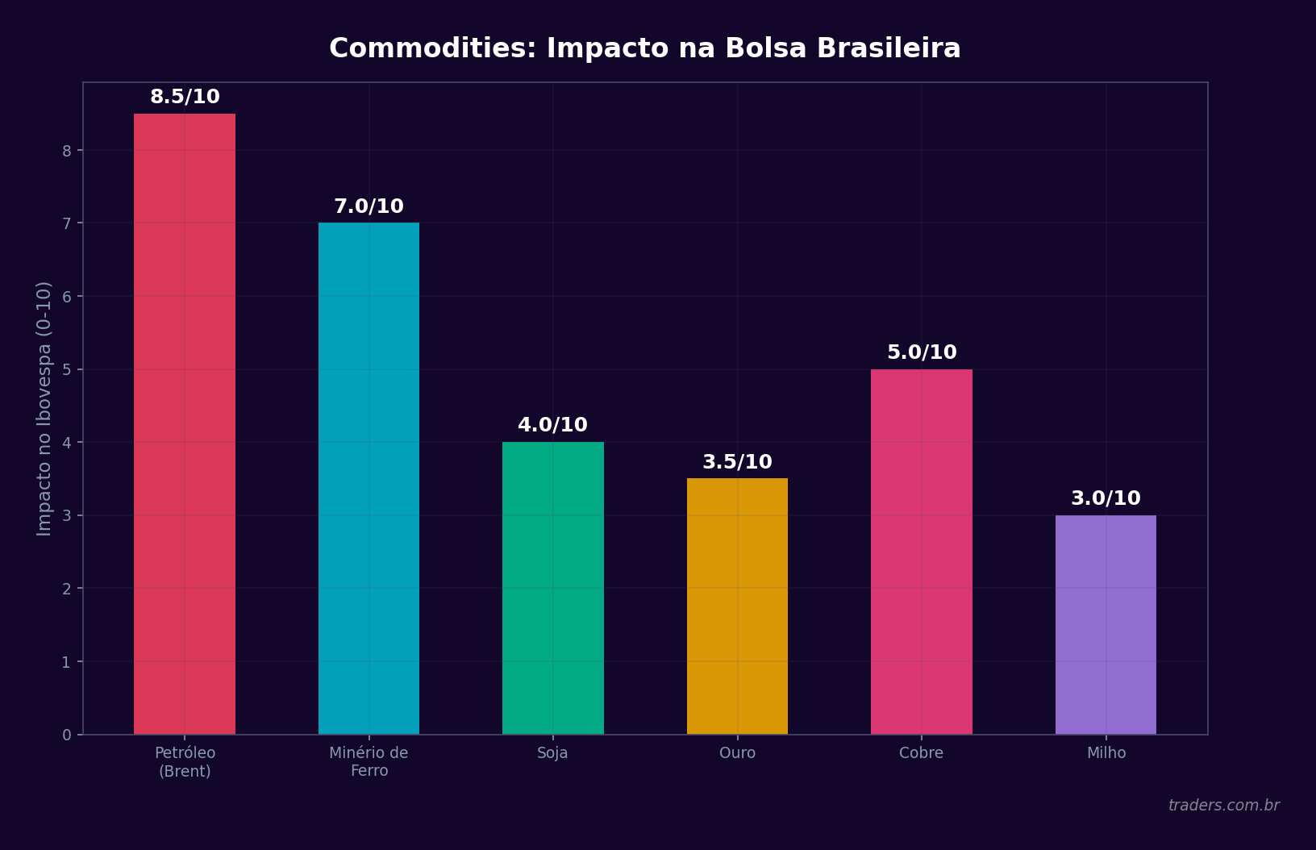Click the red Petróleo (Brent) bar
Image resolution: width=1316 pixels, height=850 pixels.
(185, 423)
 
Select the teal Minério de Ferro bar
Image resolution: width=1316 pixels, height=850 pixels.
(369, 478)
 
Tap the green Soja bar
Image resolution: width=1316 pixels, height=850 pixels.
(553, 588)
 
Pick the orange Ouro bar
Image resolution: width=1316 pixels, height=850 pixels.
(737, 606)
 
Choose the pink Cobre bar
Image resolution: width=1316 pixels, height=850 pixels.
(922, 552)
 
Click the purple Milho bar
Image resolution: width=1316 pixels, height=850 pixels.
(1106, 624)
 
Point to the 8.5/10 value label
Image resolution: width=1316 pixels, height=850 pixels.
(185, 98)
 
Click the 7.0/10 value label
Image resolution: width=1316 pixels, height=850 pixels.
(369, 207)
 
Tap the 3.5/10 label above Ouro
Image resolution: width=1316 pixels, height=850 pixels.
(737, 463)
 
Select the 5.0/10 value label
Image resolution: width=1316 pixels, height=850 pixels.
(922, 353)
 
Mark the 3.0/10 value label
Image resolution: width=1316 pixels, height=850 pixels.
(1106, 499)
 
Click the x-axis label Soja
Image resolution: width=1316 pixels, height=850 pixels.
(552, 753)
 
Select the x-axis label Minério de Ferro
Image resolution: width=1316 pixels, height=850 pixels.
(369, 762)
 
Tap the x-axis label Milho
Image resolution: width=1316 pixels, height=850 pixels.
(1106, 753)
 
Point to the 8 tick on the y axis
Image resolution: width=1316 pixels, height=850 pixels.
(67, 151)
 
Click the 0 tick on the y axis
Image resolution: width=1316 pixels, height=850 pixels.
(67, 735)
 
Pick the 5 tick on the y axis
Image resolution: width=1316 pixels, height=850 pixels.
(67, 370)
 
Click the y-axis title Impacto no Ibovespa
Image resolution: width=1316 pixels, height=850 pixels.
(44, 408)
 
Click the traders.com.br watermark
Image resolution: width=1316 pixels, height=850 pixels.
(1223, 806)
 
